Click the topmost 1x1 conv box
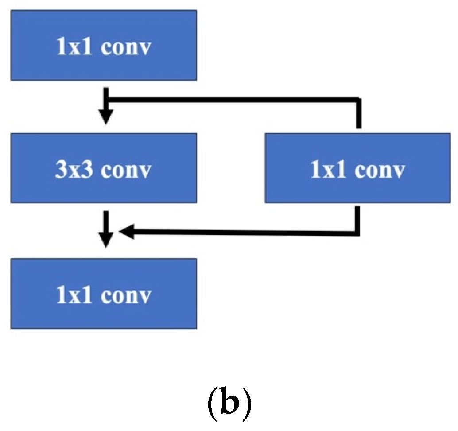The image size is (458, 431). click(x=104, y=45)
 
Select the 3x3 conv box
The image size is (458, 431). click(x=104, y=168)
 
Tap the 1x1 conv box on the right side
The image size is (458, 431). click(x=357, y=168)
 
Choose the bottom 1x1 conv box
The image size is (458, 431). click(x=104, y=293)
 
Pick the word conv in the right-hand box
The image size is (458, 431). click(x=380, y=171)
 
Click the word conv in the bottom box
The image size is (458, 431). click(x=126, y=295)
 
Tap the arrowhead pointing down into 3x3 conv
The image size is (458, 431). click(x=106, y=117)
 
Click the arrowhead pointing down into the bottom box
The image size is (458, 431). click(x=106, y=241)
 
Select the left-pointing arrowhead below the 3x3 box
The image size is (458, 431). click(x=127, y=231)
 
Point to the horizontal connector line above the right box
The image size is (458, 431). click(x=235, y=98)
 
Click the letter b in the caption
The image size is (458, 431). click(x=229, y=400)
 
